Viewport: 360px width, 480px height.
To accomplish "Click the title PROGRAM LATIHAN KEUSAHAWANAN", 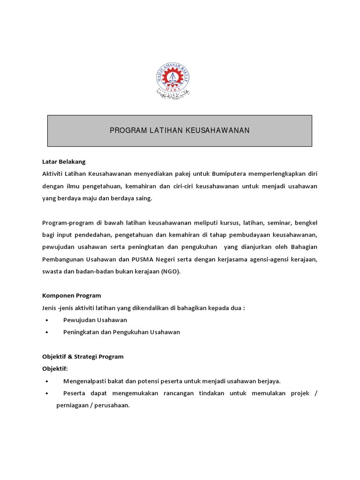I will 180,130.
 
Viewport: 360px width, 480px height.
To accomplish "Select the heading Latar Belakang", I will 64,162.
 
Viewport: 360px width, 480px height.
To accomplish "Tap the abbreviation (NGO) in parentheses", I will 170,271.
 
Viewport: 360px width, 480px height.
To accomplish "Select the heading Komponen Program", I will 72,295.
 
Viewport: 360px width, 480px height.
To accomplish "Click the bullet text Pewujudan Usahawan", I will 95,320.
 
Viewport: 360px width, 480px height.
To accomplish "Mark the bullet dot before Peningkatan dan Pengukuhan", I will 48,332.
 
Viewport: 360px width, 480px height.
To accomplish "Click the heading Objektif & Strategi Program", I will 83,356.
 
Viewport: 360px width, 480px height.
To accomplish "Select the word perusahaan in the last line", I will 112,405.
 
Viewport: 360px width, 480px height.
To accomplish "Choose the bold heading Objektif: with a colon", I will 55,368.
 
